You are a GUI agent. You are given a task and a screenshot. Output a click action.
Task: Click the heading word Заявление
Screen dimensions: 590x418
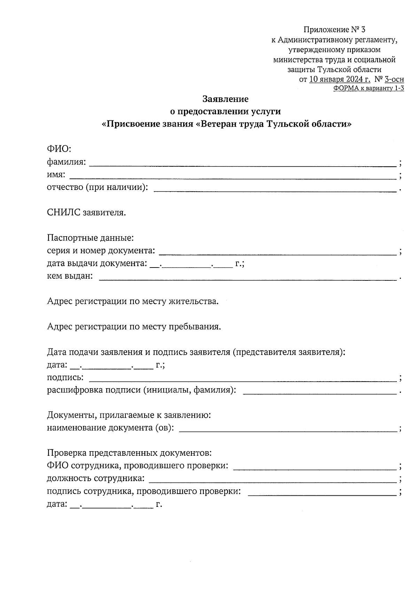225,99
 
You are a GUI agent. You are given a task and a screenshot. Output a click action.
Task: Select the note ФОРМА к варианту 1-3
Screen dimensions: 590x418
369,88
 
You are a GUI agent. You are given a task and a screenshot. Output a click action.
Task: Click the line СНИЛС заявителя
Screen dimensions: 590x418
86,213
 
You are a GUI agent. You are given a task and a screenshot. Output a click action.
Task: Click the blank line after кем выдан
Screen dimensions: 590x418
248,278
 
